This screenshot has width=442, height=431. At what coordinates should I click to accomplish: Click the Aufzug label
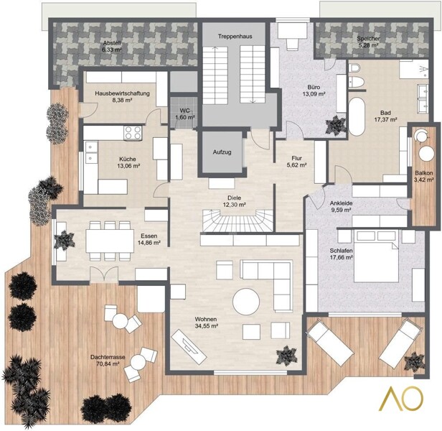(x=222, y=152)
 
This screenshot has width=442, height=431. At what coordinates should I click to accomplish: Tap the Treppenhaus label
(x=235, y=37)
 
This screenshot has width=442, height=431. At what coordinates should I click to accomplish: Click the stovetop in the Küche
(x=133, y=133)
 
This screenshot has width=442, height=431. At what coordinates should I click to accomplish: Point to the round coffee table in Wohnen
(x=246, y=302)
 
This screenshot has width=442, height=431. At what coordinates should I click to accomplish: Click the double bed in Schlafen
(x=376, y=256)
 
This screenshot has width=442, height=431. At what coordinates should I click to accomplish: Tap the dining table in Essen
(x=110, y=241)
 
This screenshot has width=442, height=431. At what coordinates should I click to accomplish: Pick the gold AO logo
(x=406, y=398)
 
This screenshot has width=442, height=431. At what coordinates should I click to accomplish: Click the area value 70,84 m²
(x=108, y=364)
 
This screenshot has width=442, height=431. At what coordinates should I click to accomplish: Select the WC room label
(x=184, y=111)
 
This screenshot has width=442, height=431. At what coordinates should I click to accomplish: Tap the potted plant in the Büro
(x=336, y=126)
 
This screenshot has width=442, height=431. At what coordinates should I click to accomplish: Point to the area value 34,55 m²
(x=207, y=326)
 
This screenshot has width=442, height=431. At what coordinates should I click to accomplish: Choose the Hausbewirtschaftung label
(x=122, y=93)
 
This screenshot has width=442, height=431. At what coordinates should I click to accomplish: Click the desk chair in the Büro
(x=292, y=44)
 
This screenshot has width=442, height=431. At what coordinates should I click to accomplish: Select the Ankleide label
(x=341, y=203)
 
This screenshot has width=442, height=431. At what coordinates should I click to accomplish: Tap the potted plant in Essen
(x=65, y=240)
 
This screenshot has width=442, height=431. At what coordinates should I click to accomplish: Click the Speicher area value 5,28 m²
(x=368, y=45)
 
